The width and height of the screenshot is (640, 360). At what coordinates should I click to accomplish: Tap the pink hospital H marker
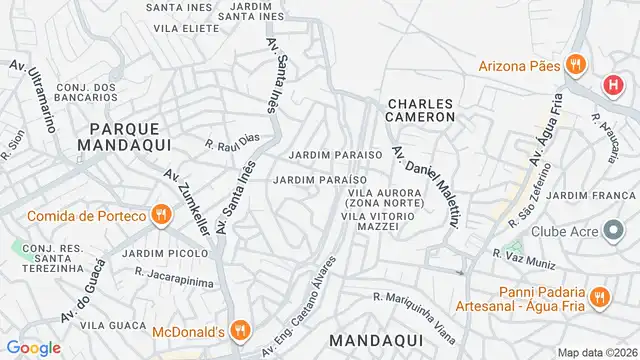(x=611, y=86)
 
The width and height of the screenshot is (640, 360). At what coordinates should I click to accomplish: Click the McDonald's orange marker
(x=238, y=329)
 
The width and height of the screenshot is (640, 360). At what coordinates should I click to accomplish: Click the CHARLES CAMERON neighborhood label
(x=421, y=110)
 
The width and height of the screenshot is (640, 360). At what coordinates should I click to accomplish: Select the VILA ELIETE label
(x=186, y=29)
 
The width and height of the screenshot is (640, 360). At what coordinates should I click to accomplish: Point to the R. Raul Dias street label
(x=232, y=143)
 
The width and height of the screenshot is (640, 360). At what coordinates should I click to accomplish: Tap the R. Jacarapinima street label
(x=174, y=270)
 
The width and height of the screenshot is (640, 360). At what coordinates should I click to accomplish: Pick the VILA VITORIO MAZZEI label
(x=385, y=220)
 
